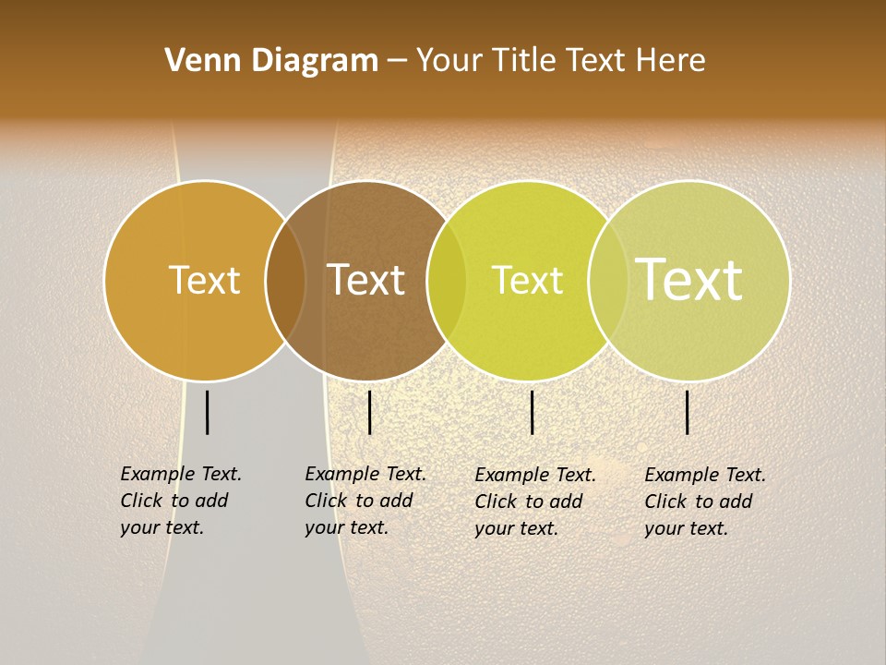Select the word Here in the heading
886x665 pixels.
point(671,61)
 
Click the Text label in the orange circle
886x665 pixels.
point(204,280)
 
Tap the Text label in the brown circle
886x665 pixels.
point(366,280)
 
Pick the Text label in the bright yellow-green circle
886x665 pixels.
point(527,280)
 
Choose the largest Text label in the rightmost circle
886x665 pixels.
point(689,280)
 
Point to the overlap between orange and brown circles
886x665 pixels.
point(285,281)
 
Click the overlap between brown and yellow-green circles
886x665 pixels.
point(447,281)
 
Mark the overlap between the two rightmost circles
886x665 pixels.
point(608,281)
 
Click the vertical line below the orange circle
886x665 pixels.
point(208,412)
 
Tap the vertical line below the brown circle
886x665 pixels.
point(369,412)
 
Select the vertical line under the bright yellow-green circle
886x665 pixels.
point(533,412)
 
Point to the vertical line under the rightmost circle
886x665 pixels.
point(688,412)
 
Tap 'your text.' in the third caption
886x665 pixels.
point(516,528)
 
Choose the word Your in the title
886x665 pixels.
point(449,61)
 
